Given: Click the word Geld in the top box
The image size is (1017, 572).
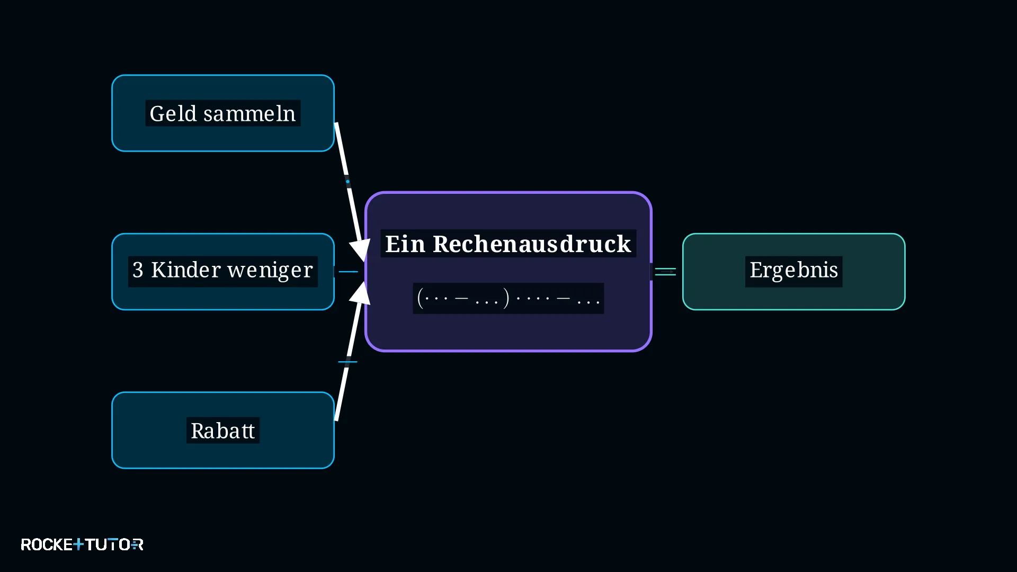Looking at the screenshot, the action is point(173,114).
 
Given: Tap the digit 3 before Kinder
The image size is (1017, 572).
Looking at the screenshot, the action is point(138,270).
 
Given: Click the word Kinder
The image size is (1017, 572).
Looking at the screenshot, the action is point(186,270).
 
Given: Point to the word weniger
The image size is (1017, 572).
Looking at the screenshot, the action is point(270,271).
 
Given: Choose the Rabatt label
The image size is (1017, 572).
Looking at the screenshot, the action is point(223,431).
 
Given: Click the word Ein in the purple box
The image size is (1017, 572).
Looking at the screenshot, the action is point(405,244).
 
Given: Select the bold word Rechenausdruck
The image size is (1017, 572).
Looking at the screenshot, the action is point(532,244).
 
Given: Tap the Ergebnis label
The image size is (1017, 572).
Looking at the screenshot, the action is point(793,271).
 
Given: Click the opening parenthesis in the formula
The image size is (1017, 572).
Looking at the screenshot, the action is point(421,298).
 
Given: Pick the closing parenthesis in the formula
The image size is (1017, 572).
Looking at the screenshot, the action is point(506,298).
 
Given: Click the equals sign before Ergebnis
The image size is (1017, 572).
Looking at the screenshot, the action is point(665,272).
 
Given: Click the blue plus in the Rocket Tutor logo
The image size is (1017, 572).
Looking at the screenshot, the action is point(78,544).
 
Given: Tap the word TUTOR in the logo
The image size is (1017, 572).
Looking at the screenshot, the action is point(114,544).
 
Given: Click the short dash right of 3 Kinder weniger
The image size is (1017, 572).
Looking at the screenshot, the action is point(348,272).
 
